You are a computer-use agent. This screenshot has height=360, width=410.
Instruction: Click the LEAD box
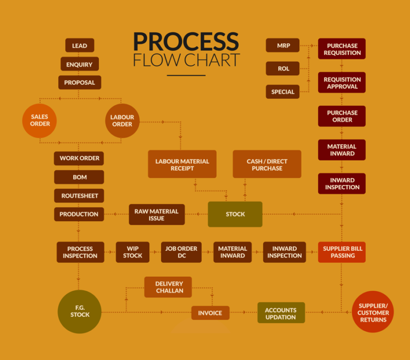coord(80,45)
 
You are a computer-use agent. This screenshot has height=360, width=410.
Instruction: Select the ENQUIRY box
coord(80,64)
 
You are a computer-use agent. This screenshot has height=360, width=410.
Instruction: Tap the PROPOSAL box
coord(80,83)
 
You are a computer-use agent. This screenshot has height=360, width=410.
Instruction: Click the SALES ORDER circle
coord(40,121)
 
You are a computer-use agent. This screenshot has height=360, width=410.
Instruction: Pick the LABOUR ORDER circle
coord(122,121)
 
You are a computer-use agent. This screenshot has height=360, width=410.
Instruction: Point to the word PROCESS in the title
coord(186,42)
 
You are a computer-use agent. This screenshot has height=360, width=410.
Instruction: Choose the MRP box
coord(283,45)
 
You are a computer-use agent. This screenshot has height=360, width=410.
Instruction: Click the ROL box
coord(283,68)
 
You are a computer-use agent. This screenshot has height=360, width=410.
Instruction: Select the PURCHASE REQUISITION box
coord(342,49)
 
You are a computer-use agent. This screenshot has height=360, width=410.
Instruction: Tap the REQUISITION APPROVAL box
coord(342,83)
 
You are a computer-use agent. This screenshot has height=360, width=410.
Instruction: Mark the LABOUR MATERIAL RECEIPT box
coord(182,164)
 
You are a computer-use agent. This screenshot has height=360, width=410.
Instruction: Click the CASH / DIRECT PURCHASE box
coord(267,164)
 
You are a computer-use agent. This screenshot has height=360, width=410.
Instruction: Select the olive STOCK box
coord(235,214)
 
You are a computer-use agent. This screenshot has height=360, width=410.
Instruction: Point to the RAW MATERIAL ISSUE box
coord(157,214)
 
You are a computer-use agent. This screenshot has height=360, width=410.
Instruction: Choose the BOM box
coord(79,177)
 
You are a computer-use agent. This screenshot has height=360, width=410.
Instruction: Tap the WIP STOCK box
coord(132,252)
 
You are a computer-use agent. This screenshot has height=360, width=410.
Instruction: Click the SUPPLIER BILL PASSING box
coord(342,252)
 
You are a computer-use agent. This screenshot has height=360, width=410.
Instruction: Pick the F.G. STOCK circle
coord(80,311)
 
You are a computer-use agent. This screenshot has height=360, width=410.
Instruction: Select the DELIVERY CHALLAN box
coord(169,287)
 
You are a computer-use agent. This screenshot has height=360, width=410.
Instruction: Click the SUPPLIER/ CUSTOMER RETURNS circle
coord(373,312)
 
